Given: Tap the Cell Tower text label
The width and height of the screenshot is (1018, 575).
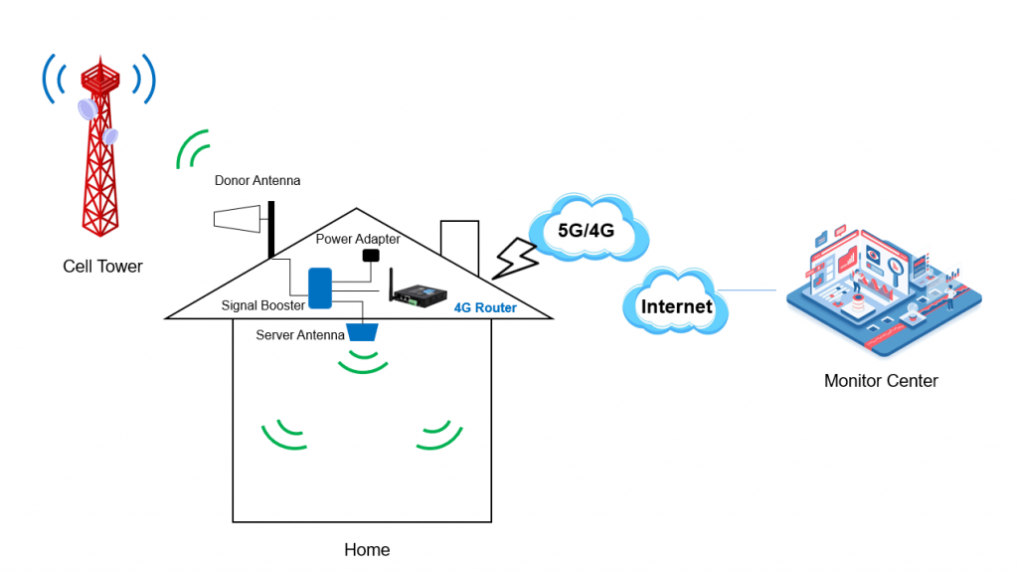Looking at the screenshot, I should pyautogui.click(x=102, y=267).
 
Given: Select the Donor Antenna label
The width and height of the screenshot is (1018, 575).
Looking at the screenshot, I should pyautogui.click(x=257, y=181).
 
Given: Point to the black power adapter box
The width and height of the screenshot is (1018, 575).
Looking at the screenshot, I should pyautogui.click(x=371, y=256).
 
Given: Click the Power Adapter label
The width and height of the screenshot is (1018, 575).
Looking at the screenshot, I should pyautogui.click(x=358, y=239).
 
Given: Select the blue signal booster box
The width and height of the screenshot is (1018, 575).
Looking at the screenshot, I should pyautogui.click(x=320, y=287).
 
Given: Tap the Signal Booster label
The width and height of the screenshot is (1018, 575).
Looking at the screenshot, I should pyautogui.click(x=263, y=306).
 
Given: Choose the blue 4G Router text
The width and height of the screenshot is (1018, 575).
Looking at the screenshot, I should pyautogui.click(x=485, y=308).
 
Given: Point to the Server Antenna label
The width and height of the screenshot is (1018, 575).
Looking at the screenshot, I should pyautogui.click(x=300, y=335).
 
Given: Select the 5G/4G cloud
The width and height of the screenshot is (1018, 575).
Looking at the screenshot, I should pyautogui.click(x=588, y=230).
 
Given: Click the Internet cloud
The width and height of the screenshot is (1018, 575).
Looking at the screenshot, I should pyautogui.click(x=676, y=306).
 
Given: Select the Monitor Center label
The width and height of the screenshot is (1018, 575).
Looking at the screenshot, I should pyautogui.click(x=881, y=381).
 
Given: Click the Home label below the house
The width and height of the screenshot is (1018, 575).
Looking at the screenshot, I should pyautogui.click(x=367, y=550).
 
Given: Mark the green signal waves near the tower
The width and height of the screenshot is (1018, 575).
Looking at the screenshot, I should pyautogui.click(x=192, y=149).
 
